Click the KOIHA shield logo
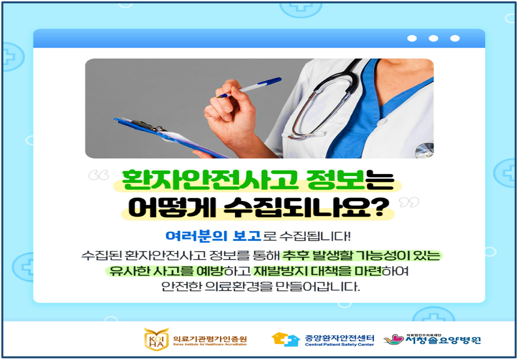(156, 339)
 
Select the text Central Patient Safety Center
(339, 345)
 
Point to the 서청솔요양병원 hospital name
(443, 340)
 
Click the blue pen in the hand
(249, 88)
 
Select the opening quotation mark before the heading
(99, 175)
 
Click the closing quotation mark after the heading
(409, 202)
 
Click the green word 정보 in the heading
(336, 180)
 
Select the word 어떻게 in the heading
(172, 207)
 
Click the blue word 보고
(247, 236)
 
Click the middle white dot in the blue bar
(433, 38)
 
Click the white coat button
(383, 121)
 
